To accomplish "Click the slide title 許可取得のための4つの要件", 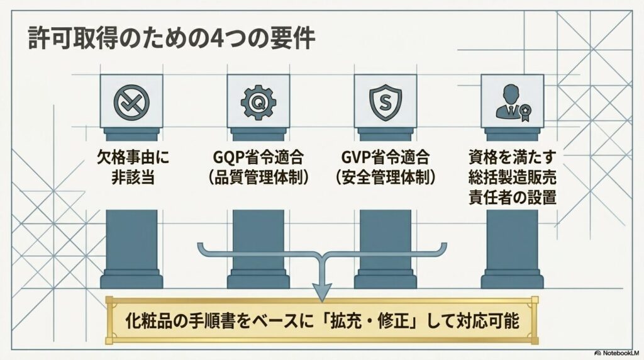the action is pos(171,39).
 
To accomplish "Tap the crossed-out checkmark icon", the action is pos(131,103).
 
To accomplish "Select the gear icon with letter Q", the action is pos(258,103).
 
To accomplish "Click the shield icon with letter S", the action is pos(386,103).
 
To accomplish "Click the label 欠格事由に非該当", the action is pos(133,167).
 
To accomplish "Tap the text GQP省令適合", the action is pos(258,157).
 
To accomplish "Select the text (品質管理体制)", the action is pos(258,177).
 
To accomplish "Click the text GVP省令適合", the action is pos(386,157).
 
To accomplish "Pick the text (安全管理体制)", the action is pos(386,177).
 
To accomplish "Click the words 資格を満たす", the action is pos(513,157).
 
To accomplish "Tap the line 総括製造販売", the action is pos(513,177).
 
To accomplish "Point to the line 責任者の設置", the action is pos(513,197).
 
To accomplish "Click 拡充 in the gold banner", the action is pos(348,320).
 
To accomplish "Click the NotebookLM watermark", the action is pos(617,353).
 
